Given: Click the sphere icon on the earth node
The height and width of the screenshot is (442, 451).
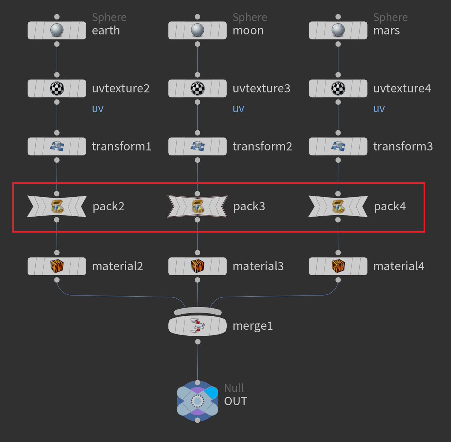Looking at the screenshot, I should [x=57, y=30].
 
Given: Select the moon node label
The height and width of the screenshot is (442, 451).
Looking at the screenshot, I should [x=248, y=30].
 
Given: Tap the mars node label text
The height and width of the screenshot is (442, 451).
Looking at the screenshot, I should [x=386, y=30].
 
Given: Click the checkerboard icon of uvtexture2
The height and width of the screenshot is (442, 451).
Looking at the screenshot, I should [x=57, y=89].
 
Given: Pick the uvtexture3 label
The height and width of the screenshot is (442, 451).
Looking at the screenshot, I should [x=261, y=89].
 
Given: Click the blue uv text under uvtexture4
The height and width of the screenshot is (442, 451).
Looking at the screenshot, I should [x=379, y=109].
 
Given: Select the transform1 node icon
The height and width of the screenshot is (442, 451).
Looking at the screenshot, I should [x=57, y=146].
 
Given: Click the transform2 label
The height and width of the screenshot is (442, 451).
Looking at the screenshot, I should [x=262, y=146].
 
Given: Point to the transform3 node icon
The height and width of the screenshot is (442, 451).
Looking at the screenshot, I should [x=338, y=146].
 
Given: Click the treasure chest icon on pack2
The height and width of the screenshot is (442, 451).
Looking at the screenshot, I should [x=57, y=207].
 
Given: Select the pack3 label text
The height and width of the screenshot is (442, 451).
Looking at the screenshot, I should [x=249, y=207].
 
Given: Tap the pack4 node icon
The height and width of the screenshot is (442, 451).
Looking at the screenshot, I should [x=338, y=207].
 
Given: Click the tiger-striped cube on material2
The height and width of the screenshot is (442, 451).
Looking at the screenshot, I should [x=57, y=266].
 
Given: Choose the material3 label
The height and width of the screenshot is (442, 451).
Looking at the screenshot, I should [x=258, y=266].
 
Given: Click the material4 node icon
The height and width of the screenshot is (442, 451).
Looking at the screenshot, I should [x=338, y=266].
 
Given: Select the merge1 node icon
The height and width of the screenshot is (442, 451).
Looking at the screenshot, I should [x=197, y=326].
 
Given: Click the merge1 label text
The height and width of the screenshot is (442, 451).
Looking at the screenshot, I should [x=253, y=326].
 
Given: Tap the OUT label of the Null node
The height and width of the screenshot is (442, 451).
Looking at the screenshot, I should [x=236, y=401].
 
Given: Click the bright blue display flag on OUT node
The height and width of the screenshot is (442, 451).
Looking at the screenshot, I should [x=212, y=392].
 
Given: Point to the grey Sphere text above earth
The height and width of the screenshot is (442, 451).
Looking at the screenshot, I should [x=109, y=18].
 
